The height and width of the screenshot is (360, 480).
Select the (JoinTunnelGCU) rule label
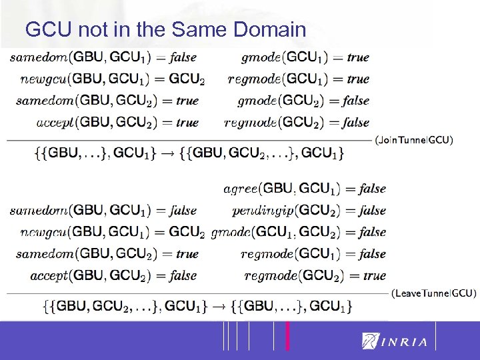pyautogui.click(x=414, y=141)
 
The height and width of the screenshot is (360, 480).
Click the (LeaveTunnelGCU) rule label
pyautogui.click(x=433, y=293)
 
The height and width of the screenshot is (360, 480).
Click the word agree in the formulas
pyautogui.click(x=239, y=189)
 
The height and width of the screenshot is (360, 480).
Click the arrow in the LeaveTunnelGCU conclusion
pyautogui.click(x=218, y=307)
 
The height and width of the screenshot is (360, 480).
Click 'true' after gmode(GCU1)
pyautogui.click(x=357, y=57)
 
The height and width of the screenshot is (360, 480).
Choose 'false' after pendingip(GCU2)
pyautogui.click(x=372, y=211)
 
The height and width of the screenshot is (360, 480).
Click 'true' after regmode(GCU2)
pyautogui.click(x=375, y=275)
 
